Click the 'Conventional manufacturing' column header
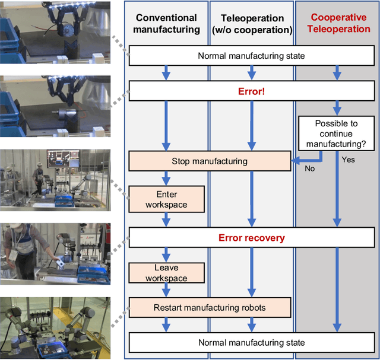tap(166, 23)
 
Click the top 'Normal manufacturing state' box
tap(252, 56)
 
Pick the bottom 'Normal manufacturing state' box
tap(252, 342)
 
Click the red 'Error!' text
tap(252, 91)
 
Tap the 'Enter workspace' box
tap(166, 199)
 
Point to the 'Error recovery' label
tap(252, 238)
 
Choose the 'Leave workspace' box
tap(166, 273)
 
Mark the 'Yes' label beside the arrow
tap(349, 160)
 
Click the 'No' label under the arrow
tap(309, 168)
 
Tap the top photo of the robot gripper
tap(55, 33)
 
